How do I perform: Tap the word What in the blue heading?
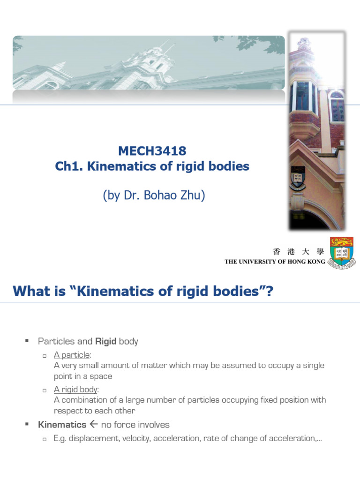click(x=31, y=292)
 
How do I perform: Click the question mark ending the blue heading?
click(x=269, y=292)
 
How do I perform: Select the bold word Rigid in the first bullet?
click(x=105, y=341)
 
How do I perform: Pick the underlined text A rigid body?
click(x=75, y=390)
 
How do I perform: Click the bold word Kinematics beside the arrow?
click(x=62, y=425)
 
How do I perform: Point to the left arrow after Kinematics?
click(x=93, y=425)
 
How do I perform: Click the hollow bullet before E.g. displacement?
click(x=44, y=439)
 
